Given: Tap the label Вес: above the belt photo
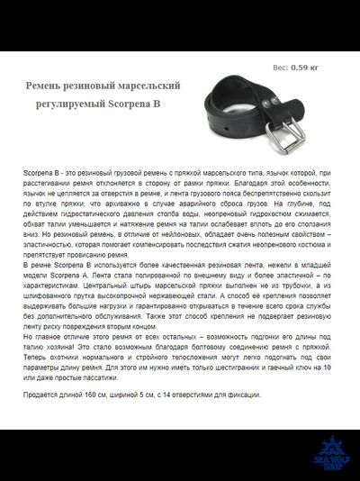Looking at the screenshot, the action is click(x=280, y=67).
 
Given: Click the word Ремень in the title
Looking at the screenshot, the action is click(x=46, y=86).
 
